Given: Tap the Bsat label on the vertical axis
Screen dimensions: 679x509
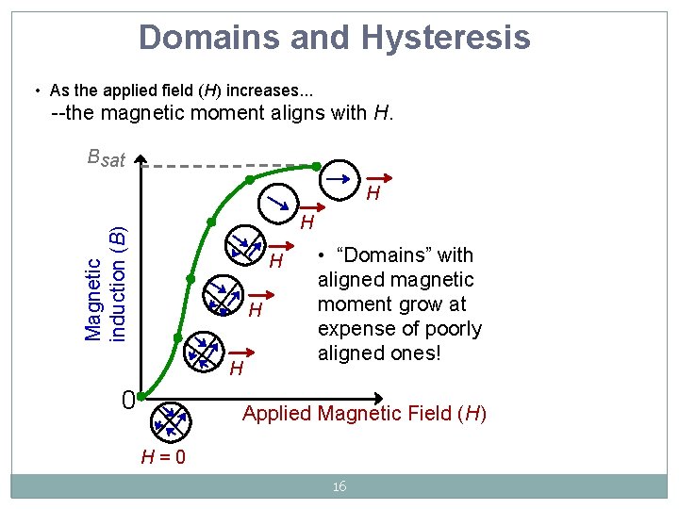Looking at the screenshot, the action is tap(105, 157).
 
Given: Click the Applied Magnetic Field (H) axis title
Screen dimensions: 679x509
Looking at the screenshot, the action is tap(364, 413).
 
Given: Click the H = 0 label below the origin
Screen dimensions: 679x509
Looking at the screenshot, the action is tap(162, 457).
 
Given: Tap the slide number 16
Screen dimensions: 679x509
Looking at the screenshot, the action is tap(339, 486).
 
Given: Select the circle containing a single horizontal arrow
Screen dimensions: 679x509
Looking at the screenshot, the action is tap(340, 176).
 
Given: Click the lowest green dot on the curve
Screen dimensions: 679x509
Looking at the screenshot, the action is tap(177, 337).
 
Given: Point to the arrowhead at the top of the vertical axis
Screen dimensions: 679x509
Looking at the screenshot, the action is tap(140, 158).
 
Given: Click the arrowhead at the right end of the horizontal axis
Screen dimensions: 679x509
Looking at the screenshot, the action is tap(380, 398).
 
